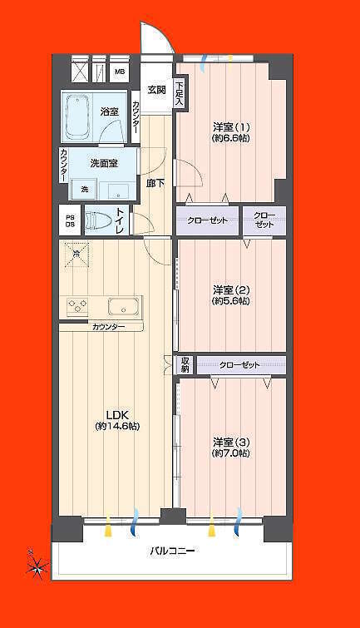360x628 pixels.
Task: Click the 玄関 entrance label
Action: point(157,90)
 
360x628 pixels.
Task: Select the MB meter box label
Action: point(120,72)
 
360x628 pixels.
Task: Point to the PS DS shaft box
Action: point(70,220)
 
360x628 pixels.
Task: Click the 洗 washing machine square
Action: point(85,189)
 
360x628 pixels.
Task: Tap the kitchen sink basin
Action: point(124,308)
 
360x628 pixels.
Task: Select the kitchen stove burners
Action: point(77,307)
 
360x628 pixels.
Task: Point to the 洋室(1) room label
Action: point(231,127)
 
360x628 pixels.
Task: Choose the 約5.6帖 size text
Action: point(230,301)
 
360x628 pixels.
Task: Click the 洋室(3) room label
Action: point(231,443)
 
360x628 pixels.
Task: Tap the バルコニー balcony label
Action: point(173,551)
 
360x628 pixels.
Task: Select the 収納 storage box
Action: point(185,365)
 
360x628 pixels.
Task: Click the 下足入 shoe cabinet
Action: point(180,94)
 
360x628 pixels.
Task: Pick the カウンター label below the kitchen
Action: point(108,327)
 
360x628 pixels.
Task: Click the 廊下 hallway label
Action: point(155,184)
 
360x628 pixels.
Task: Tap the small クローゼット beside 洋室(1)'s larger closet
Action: point(264,220)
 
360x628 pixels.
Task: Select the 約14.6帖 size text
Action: point(117,427)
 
